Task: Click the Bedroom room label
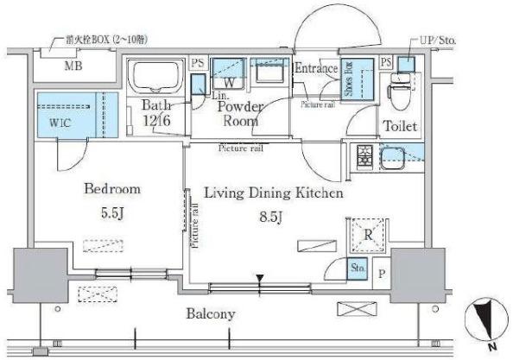point(111,188)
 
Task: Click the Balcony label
point(211,313)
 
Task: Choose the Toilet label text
point(400,126)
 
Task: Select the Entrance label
point(316,68)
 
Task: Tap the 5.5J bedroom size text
point(111,212)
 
